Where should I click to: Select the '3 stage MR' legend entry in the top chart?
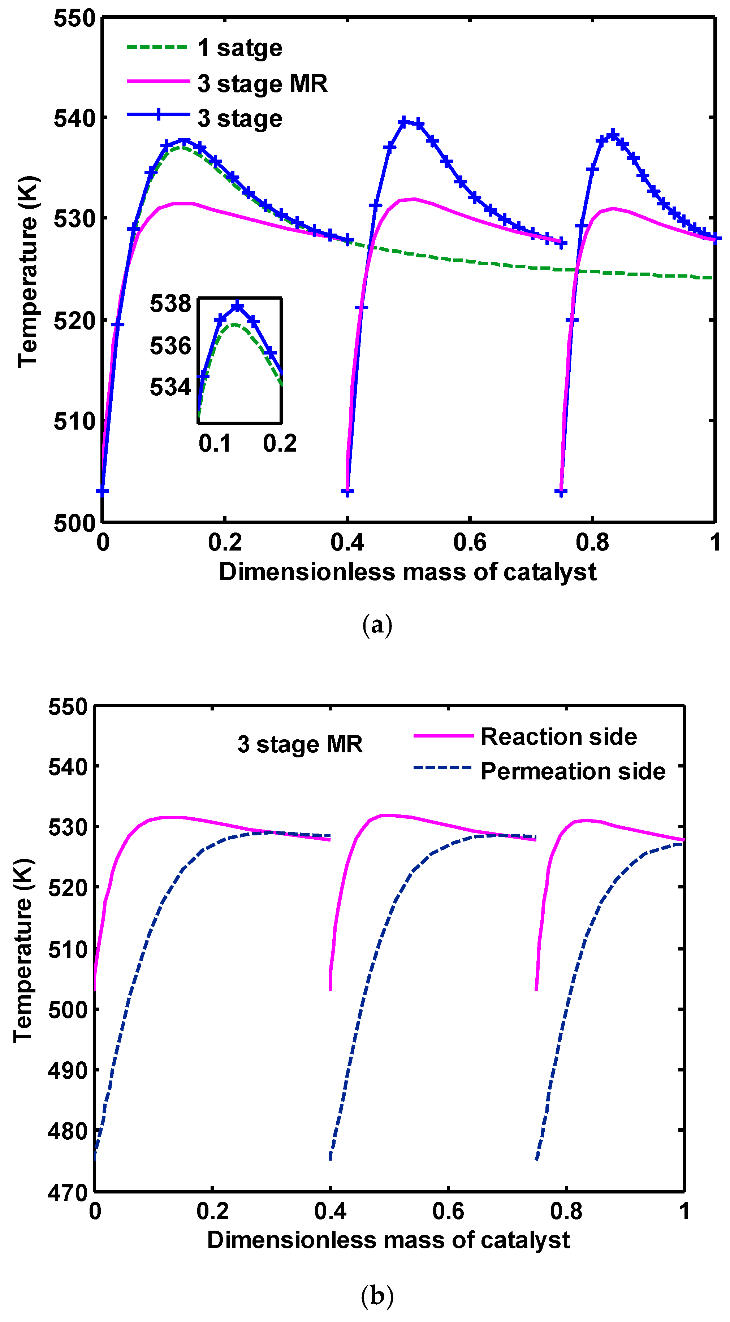[262, 84]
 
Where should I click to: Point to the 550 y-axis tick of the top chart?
[75, 18]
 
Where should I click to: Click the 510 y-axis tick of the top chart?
[75, 421]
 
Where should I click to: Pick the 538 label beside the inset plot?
[170, 304]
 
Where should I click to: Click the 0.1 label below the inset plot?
[215, 443]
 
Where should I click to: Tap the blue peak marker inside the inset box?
[237, 306]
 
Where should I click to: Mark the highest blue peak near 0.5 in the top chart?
[405, 122]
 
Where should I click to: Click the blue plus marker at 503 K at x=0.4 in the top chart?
[347, 492]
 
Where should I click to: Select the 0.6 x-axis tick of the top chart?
[469, 543]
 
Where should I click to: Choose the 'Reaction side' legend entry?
[558, 737]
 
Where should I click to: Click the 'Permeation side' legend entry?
[573, 772]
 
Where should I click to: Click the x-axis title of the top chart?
[407, 572]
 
